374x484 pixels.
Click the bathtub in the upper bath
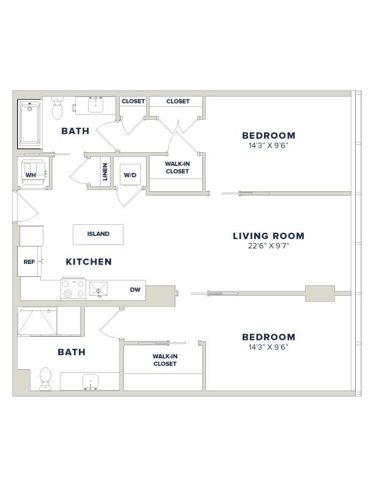[29, 124]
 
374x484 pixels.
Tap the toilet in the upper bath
[57, 108]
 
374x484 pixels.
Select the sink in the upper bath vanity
[96, 105]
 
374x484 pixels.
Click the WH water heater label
[31, 175]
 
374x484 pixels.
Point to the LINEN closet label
[105, 172]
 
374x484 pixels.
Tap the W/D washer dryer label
[130, 175]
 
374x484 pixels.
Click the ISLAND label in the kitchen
[98, 233]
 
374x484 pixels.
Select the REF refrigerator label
[29, 262]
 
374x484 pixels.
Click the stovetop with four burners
[73, 288]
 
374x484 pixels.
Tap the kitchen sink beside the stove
[98, 289]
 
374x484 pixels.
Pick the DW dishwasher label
[135, 290]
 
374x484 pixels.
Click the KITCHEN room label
[89, 262]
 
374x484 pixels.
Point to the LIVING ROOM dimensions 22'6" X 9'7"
[268, 246]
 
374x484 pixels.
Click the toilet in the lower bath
[45, 379]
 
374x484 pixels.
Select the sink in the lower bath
[90, 381]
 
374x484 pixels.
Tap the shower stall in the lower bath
[37, 321]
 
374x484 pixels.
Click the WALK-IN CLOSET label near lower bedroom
[165, 360]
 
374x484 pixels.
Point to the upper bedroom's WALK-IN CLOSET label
[177, 167]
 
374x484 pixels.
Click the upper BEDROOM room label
[269, 136]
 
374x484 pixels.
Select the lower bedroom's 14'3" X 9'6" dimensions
[268, 347]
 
